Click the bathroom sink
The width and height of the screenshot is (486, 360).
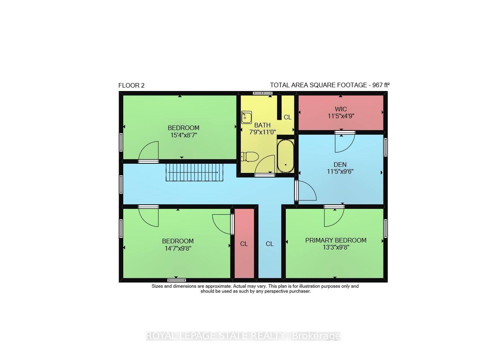246,117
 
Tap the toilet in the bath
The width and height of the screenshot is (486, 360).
250,157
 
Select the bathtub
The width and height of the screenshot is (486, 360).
285,156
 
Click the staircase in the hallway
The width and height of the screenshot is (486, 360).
194,173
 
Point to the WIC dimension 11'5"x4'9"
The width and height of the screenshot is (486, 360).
341,116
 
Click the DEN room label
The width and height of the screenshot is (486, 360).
340,165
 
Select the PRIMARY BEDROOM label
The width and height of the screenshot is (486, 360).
336,240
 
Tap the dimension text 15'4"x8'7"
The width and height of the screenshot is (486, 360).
184,135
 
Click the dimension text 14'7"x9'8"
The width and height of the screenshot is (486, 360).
178,248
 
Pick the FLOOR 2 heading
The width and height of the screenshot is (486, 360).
132,85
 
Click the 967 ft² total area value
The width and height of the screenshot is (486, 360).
381,85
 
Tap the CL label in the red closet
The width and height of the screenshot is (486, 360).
244,244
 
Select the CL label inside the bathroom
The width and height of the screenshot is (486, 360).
287,117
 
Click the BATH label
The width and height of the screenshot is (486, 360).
262,125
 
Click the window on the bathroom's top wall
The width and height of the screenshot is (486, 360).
263,93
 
